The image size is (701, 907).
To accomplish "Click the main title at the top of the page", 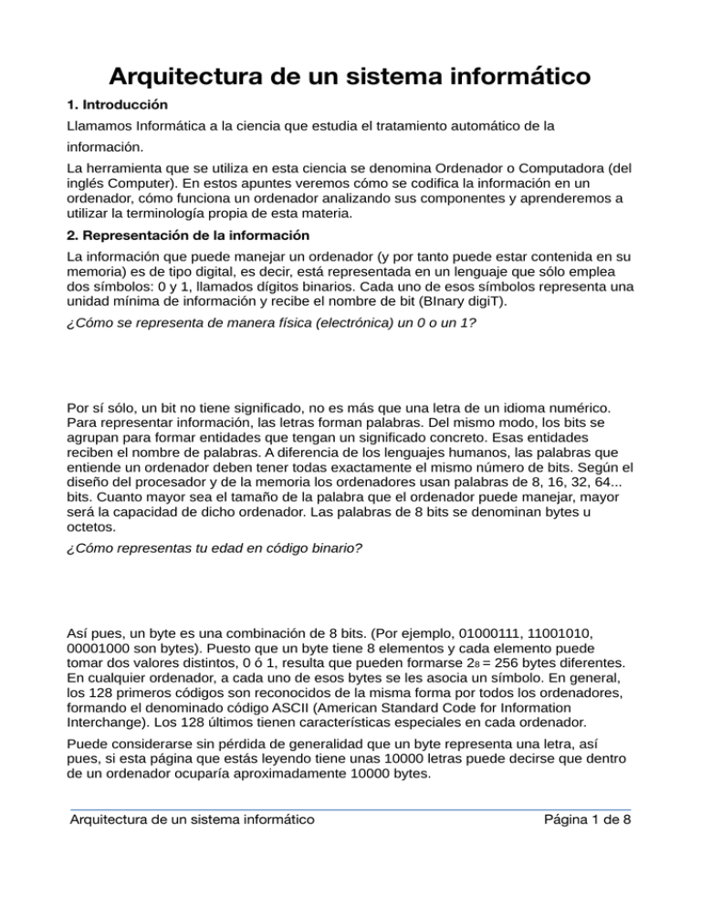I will pos(350,74).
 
